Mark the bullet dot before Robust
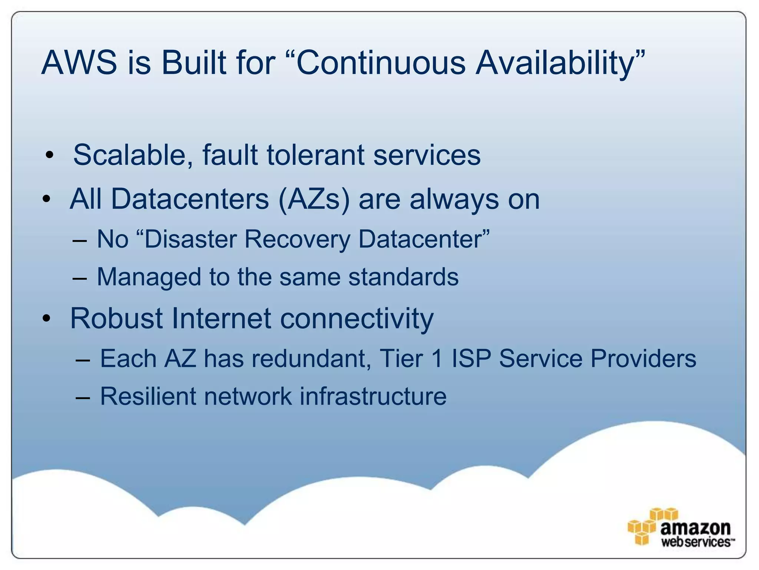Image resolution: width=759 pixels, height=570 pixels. [46, 318]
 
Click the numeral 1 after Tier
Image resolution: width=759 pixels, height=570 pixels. [437, 359]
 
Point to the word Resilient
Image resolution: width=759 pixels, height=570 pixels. [148, 396]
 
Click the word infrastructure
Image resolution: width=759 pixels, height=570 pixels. [373, 396]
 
